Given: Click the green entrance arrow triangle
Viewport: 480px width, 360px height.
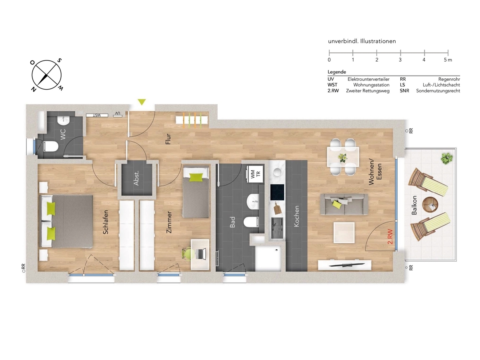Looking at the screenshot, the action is tap(142, 102).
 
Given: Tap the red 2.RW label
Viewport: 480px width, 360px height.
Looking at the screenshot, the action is tap(390, 236).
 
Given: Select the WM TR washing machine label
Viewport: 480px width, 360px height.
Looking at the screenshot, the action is tap(256, 174).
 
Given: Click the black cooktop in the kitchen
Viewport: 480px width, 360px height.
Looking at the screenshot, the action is tap(277, 192).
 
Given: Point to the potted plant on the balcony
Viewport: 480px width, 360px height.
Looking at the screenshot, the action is tap(446, 158).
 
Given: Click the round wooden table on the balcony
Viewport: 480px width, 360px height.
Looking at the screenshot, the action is tap(430, 204).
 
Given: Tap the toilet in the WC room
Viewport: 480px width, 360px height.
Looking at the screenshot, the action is tap(51, 146).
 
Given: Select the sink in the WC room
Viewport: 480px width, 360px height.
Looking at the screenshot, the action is tap(63, 120).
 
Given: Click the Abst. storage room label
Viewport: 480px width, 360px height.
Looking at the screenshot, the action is tap(136, 178).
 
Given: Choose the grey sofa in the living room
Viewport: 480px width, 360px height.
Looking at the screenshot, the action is tap(344, 204).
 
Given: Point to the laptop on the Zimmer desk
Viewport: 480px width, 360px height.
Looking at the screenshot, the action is tap(201, 254).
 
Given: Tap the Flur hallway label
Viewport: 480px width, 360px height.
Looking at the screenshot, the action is tap(168, 139).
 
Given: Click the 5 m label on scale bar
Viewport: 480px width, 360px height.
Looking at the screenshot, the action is tap(448, 60).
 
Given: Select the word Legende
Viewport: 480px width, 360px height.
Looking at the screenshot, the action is tap(337, 72).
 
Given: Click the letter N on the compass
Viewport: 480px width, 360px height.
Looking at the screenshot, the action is tap(34, 89).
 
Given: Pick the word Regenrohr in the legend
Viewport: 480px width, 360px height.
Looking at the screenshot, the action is tap(449, 79).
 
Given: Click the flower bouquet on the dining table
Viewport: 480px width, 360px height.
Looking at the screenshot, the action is tap(342, 158).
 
